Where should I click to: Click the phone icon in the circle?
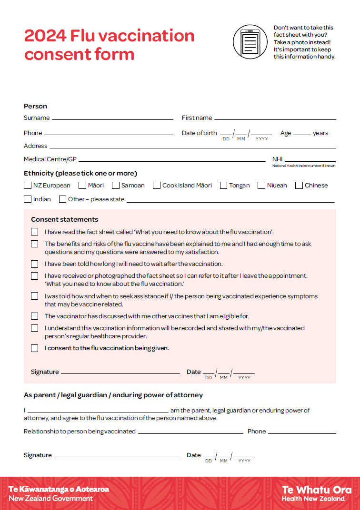(x=251, y=42)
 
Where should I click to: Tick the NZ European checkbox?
(x=28, y=186)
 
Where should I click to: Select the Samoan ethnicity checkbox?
(x=115, y=186)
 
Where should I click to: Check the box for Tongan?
(x=223, y=186)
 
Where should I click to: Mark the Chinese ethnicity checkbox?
(x=299, y=186)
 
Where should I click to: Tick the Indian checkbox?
(x=28, y=199)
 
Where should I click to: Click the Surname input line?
(x=112, y=119)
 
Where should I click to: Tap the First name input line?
(x=275, y=119)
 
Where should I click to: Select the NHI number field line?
(x=310, y=161)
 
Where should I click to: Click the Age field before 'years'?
(x=302, y=135)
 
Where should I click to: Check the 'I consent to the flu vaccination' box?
(x=35, y=348)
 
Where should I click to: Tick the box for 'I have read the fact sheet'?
(x=35, y=232)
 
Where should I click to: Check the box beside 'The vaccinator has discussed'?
(x=35, y=316)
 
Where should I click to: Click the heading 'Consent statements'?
(x=65, y=219)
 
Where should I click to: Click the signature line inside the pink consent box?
(x=120, y=373)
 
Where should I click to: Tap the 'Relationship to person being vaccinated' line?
(x=190, y=433)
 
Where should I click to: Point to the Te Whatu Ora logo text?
(x=317, y=490)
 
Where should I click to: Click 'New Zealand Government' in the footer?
(x=51, y=499)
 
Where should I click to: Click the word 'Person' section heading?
(x=36, y=106)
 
